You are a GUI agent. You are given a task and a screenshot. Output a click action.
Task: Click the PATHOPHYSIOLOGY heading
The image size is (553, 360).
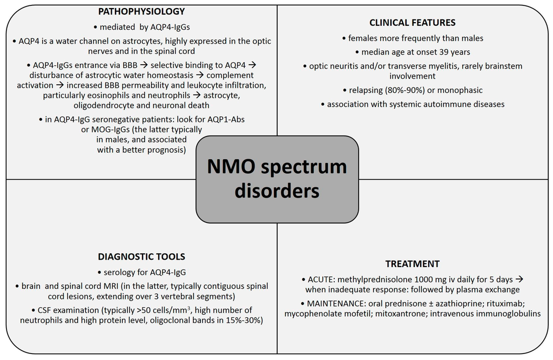(x=141, y=11)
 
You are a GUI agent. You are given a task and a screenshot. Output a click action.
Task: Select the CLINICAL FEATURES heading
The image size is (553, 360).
(x=412, y=23)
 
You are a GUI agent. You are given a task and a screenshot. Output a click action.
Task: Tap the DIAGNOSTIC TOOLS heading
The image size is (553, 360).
(x=142, y=257)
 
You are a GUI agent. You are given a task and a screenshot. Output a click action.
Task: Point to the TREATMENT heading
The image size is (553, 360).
(x=412, y=264)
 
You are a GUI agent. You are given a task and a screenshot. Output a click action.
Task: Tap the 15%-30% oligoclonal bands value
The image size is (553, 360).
(x=231, y=321)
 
